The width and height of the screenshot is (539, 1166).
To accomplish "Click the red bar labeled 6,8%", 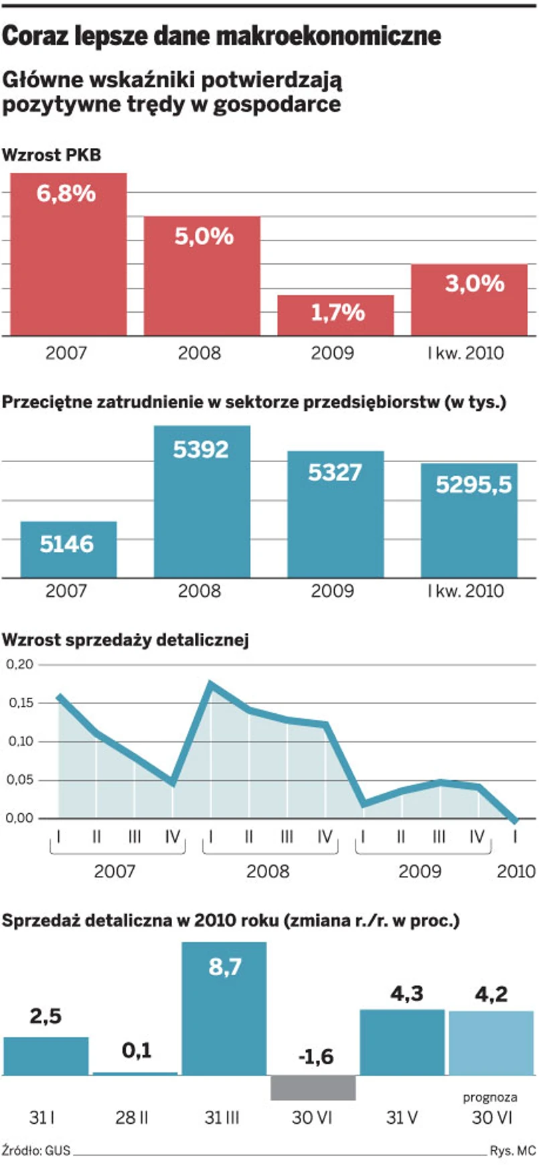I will tap(68, 254).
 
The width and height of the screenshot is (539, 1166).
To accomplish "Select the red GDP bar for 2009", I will tap(335, 315).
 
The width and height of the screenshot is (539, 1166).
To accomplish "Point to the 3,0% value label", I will tap(475, 283).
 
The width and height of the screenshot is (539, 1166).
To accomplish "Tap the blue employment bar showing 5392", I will tap(202, 502).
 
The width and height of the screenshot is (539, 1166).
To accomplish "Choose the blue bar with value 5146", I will tap(68, 549).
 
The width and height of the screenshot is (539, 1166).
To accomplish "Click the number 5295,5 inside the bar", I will tap(473, 484).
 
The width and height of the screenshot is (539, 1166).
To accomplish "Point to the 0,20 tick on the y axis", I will tap(19, 664).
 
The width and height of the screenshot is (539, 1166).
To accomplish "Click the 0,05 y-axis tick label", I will tap(19, 780).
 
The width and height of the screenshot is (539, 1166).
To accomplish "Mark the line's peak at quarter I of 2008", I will tap(211, 684).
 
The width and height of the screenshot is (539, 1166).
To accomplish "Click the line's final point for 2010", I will tap(515, 820).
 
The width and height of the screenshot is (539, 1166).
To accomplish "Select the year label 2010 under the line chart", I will tap(516, 871).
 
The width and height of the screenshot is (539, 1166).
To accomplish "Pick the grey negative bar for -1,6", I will tap(313, 1088).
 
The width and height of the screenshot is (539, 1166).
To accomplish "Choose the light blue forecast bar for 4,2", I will tap(491, 1043).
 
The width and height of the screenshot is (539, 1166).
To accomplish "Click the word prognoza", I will tap(490, 1097).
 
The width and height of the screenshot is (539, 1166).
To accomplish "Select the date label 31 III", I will tap(222, 1117).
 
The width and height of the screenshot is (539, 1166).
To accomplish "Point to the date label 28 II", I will tap(132, 1117).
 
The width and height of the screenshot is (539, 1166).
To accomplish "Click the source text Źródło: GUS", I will tap(36, 1151).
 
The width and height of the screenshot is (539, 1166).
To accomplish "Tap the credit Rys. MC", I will tap(513, 1151).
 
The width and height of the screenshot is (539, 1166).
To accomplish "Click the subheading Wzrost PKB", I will tap(52, 155).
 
